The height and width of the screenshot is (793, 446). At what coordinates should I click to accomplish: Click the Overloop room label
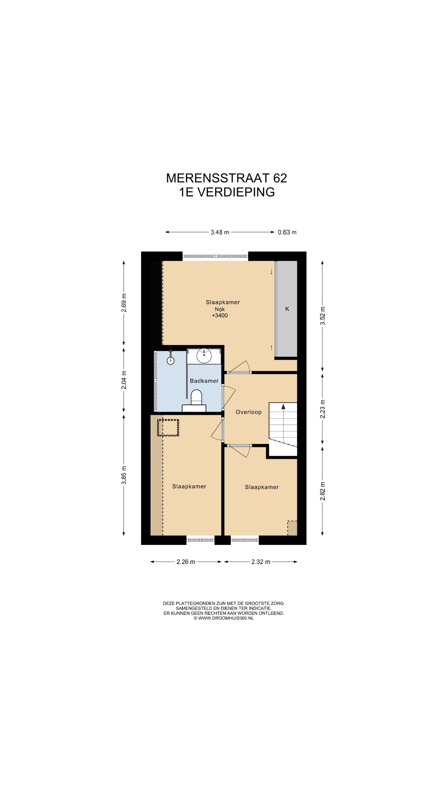click(248, 412)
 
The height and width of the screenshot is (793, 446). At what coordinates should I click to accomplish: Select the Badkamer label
click(204, 381)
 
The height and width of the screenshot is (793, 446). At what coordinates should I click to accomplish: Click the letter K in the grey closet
click(287, 309)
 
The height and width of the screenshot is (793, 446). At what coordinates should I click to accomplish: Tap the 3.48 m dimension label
click(220, 232)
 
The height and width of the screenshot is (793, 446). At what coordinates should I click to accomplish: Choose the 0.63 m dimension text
click(287, 232)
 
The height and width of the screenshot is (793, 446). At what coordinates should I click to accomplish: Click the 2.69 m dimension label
click(124, 303)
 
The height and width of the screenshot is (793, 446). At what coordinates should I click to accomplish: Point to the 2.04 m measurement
click(124, 380)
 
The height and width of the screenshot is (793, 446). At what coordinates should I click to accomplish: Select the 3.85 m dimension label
click(124, 475)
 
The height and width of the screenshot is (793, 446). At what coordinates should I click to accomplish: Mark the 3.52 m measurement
click(322, 316)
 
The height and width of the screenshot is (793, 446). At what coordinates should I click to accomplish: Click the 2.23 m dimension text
click(322, 409)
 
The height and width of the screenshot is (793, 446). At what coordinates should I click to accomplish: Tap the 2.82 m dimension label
click(322, 491)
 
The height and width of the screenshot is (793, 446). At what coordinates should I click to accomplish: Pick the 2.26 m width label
click(186, 562)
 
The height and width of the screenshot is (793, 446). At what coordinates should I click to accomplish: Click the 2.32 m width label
click(261, 562)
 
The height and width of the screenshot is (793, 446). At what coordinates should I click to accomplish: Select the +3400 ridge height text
click(220, 315)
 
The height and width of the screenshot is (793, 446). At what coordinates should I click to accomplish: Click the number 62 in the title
click(280, 178)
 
